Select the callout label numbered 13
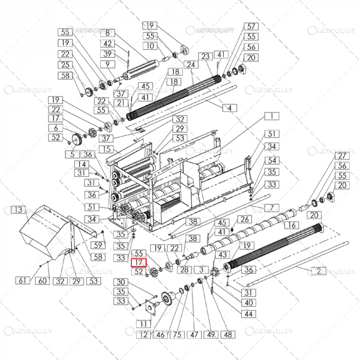19,209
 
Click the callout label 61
22,280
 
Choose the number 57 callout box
251,27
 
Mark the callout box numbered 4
230,107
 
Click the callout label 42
107,44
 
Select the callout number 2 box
318,271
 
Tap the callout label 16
291,225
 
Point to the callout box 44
249,314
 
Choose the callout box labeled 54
272,161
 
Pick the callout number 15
106,149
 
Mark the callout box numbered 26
246,219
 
